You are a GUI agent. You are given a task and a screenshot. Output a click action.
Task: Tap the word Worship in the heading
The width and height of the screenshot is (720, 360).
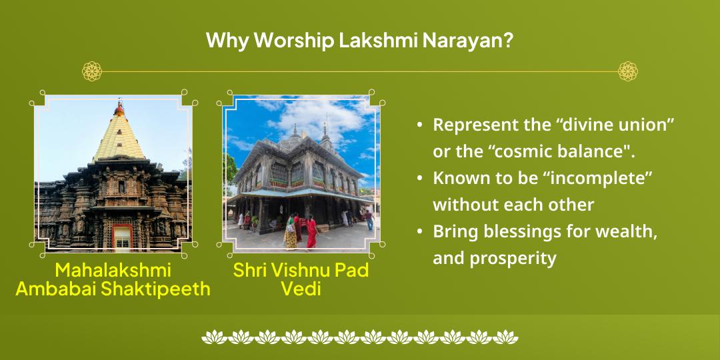295,41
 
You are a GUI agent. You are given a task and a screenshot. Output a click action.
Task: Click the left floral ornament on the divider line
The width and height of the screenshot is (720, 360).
92,71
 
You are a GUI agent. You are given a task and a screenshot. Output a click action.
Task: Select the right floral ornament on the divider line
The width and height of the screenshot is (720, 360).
628,71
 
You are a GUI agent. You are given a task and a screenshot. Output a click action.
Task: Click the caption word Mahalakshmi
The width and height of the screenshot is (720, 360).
113,271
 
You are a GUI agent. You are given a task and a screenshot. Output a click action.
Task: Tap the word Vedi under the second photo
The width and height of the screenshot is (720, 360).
301,289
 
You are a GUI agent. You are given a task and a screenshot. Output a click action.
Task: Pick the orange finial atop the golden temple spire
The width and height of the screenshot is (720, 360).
119,109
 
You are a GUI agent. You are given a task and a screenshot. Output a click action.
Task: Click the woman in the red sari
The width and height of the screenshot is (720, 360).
312,233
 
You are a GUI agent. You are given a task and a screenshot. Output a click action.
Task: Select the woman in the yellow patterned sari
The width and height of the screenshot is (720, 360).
290,233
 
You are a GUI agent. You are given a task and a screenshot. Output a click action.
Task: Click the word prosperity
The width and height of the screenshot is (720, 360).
513,259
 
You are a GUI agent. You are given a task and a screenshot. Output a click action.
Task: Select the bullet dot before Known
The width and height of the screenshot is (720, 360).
419,178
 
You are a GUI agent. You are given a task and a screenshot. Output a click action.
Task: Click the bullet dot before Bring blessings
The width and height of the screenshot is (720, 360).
419,231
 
